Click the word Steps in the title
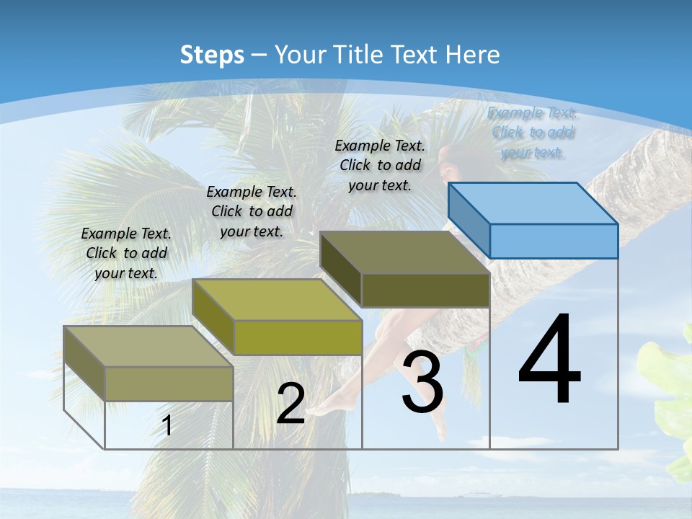(x=212, y=55)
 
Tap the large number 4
(x=549, y=360)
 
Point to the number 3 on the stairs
(x=422, y=383)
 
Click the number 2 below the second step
(x=290, y=404)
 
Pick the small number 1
(x=167, y=426)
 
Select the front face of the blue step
(x=554, y=241)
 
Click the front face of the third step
(x=425, y=290)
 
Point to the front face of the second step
(x=297, y=337)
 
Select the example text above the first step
(x=126, y=253)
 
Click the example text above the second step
(x=252, y=211)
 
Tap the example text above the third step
(x=380, y=165)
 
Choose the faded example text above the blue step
(x=533, y=132)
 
